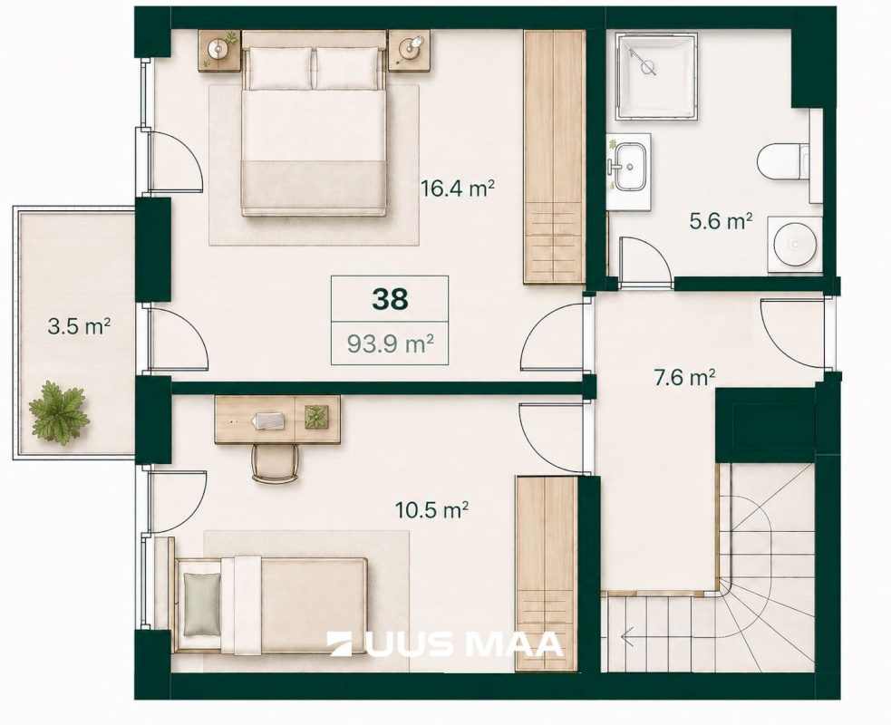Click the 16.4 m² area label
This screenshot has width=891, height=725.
pos(457,188)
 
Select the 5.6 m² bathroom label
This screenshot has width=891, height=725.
pos(722,220)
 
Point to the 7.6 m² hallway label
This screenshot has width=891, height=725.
pos(684,377)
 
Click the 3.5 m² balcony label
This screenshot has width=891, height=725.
pos(79,326)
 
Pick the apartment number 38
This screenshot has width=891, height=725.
pos(390,299)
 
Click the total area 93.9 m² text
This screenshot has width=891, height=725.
pos(391,343)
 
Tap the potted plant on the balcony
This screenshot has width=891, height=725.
pos(59,413)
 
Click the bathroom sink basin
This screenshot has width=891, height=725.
pos(628,167)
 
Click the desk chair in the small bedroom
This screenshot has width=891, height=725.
pos(275,464)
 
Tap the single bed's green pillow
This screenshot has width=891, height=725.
pos(202,604)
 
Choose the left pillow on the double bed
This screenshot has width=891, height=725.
pos(279,68)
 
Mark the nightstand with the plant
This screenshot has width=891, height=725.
pos(219,51)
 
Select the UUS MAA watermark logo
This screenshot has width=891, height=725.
pos(446,644)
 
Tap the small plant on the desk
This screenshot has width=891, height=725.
pos(316,417)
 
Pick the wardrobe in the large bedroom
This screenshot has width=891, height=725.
pos(554,157)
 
